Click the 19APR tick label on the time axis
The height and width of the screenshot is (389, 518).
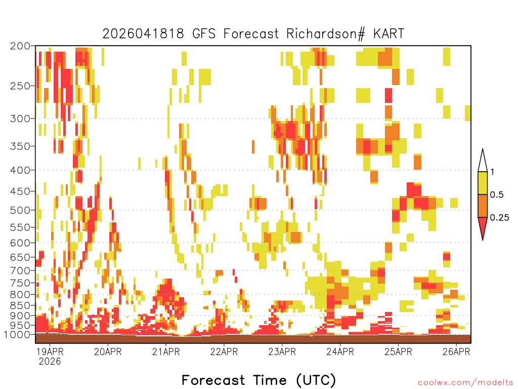coord(50,352)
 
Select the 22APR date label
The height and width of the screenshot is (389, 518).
coord(224,352)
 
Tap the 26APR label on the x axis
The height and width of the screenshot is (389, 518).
coord(456,352)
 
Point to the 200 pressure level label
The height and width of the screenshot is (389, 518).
coord(20,46)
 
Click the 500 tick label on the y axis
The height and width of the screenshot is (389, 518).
coord(20,210)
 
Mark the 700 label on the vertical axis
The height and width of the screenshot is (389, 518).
coord(20,270)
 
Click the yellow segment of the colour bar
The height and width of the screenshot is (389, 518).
coord(483,183)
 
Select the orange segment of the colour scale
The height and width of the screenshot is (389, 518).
coord(483,206)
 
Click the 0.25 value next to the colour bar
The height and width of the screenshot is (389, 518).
coord(499,217)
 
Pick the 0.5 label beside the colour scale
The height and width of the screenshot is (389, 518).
coord(497,194)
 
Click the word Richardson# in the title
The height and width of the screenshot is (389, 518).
coord(326,34)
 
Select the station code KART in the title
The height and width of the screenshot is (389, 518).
coord(389,34)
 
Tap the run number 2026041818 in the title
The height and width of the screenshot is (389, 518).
coord(143,34)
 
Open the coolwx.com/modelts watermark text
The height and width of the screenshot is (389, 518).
coord(465,383)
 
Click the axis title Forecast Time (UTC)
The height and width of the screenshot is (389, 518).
coord(258,380)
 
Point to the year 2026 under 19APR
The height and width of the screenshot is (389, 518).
coord(50,361)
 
